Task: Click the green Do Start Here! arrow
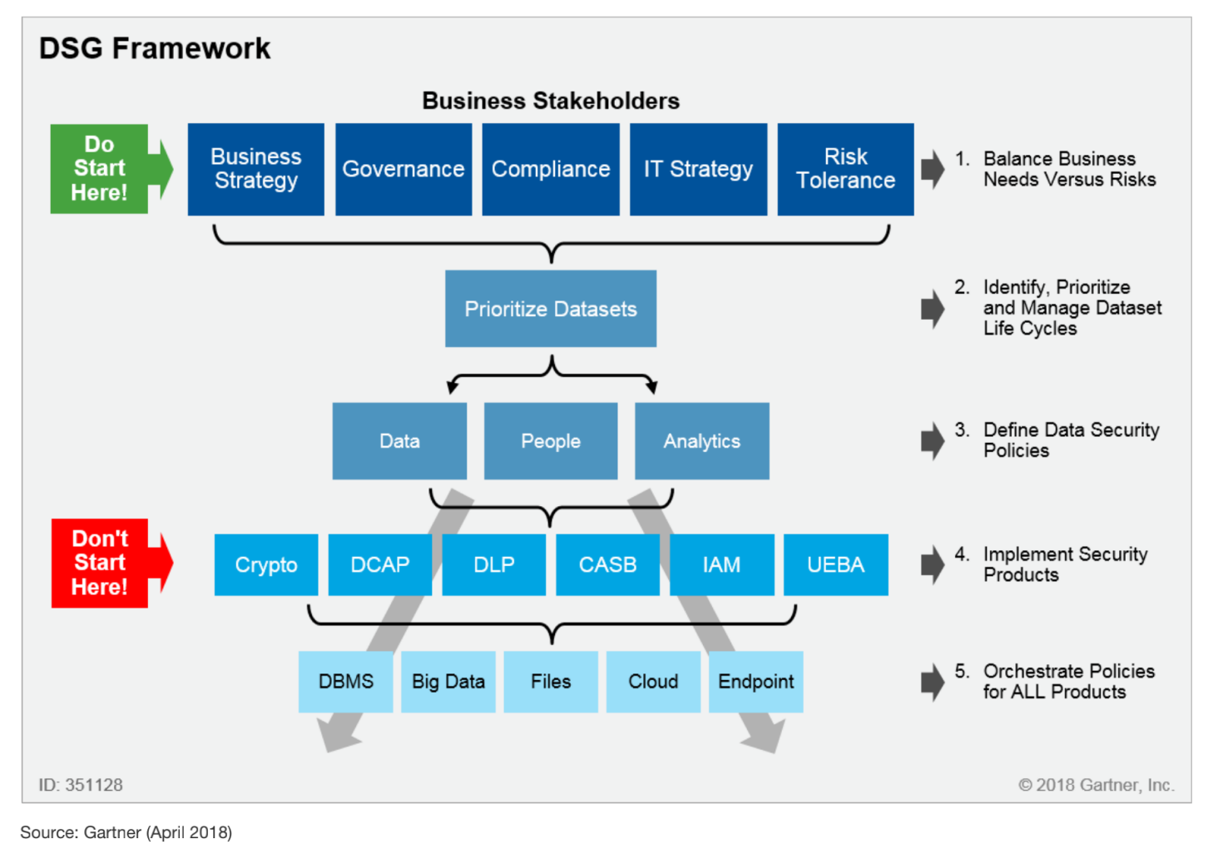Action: tap(104, 169)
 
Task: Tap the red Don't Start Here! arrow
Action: tap(105, 564)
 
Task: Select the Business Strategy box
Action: tap(255, 169)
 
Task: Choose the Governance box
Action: tap(404, 169)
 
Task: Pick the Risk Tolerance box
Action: tap(845, 169)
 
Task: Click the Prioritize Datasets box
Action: tap(551, 309)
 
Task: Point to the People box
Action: tap(551, 441)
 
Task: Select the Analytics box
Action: tap(701, 441)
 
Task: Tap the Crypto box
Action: tap(266, 565)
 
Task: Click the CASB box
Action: tap(607, 565)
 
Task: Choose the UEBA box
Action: tap(835, 565)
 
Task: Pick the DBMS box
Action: tap(346, 682)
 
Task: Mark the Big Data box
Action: tap(448, 682)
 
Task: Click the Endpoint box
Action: tap(755, 682)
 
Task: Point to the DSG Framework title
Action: tap(155, 48)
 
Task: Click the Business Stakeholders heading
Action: tap(551, 101)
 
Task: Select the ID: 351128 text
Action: tap(81, 785)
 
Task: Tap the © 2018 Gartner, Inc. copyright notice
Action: tap(1097, 785)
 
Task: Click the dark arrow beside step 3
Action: tap(933, 441)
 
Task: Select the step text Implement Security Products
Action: tap(1065, 564)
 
